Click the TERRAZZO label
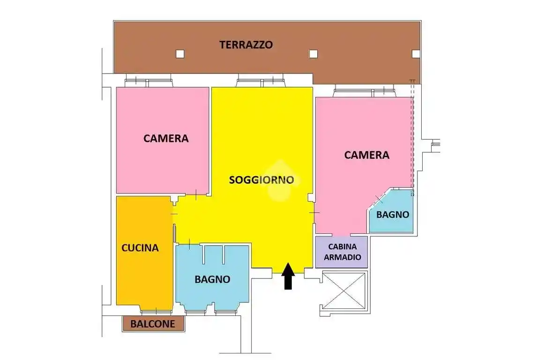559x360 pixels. click(246, 45)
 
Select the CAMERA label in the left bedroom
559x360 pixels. click(166, 138)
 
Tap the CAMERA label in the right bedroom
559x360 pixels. click(366, 155)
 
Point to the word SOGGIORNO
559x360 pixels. click(261, 180)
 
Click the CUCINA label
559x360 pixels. click(140, 247)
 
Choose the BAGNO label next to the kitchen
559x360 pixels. click(212, 279)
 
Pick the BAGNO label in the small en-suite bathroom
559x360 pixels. click(393, 215)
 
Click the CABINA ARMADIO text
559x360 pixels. click(342, 252)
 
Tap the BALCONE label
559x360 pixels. click(153, 323)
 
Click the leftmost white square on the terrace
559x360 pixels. click(180, 53)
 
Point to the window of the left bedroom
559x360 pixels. click(149, 83)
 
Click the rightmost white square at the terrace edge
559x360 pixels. click(415, 53)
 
